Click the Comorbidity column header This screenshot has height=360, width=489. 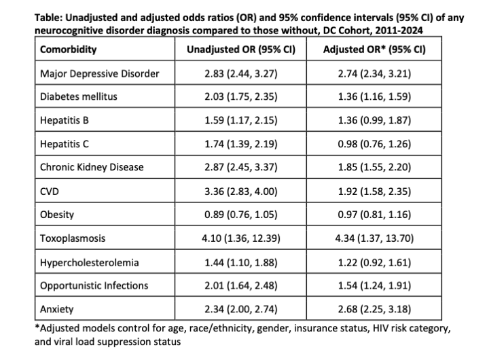tap(69, 50)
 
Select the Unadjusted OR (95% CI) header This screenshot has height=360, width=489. tap(240, 50)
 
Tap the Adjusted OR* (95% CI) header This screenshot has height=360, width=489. tap(374, 50)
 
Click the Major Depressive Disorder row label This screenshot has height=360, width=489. tap(99, 73)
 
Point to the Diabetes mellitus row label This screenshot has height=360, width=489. tap(79, 96)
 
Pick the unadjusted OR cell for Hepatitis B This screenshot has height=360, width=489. tap(240, 120)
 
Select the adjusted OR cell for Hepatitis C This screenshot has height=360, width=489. tap(374, 144)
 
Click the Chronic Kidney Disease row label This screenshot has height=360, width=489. tap(92, 167)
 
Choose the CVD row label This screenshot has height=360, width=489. tap(50, 192)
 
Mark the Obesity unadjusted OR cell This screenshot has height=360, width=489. tap(240, 215)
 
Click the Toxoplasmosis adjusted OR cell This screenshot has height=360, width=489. tap(374, 238)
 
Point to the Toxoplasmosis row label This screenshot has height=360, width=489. tap(73, 238)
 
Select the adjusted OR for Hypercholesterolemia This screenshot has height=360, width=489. tap(374, 263)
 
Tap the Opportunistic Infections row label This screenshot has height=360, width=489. tap(94, 286)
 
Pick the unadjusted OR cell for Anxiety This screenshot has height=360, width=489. tap(240, 309)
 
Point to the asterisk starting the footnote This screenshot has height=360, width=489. tap(37, 327)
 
